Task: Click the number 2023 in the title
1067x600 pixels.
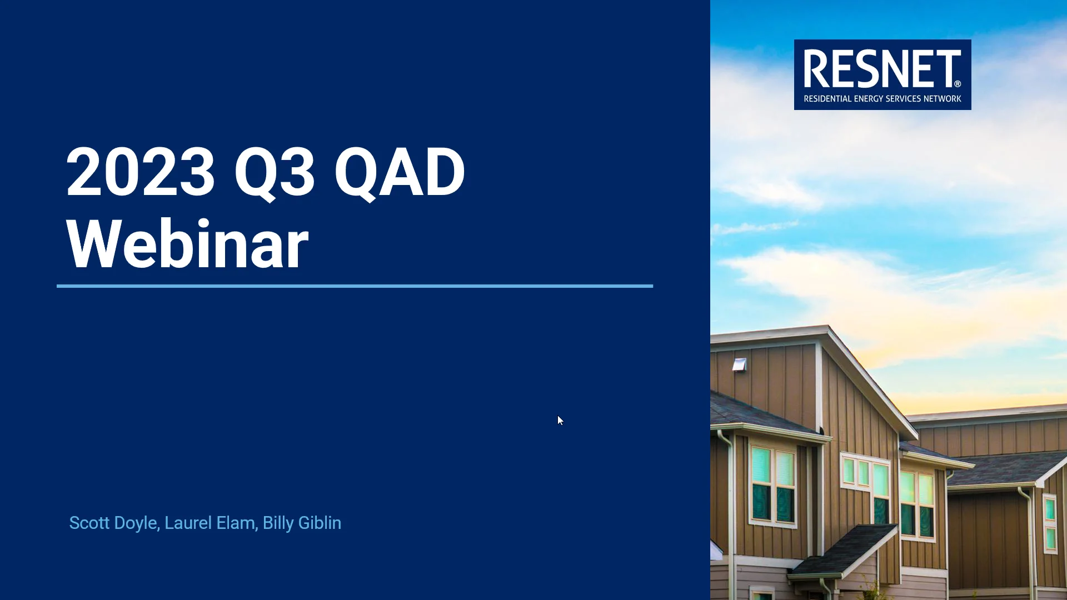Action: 140,172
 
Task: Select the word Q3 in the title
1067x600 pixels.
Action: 275,172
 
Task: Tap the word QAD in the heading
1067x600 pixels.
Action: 399,172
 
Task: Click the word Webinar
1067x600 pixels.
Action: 187,244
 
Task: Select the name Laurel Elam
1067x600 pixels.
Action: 210,523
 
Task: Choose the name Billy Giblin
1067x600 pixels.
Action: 302,523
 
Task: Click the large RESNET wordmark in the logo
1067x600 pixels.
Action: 881,69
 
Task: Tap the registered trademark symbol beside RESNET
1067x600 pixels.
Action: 958,84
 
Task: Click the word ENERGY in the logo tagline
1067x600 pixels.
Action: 869,99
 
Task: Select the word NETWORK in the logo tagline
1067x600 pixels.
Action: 942,99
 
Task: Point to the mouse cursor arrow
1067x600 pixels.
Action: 560,421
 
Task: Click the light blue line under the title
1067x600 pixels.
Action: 355,286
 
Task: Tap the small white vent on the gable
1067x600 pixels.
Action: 739,364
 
